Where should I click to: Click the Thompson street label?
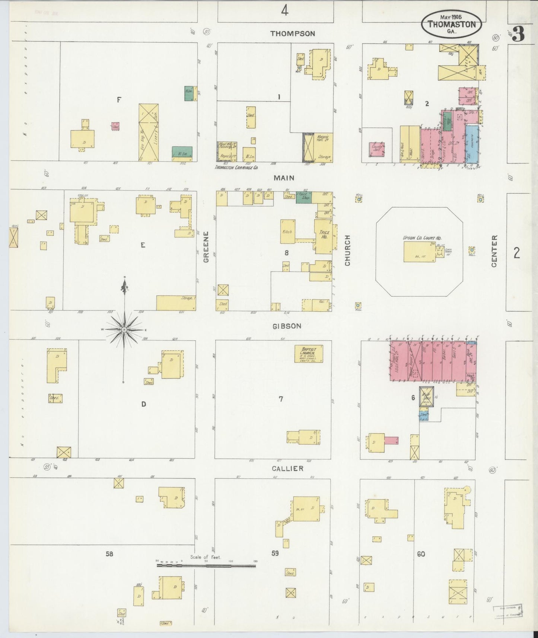[x=292, y=34]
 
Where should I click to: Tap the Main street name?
[x=285, y=178]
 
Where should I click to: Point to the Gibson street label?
[x=287, y=326]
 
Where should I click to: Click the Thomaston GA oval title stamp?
[x=452, y=25]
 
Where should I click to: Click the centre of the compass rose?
[x=124, y=330]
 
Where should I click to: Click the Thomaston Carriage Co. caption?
[x=236, y=168]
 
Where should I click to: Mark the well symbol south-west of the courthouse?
[x=358, y=305]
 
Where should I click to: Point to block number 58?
[x=109, y=554]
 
